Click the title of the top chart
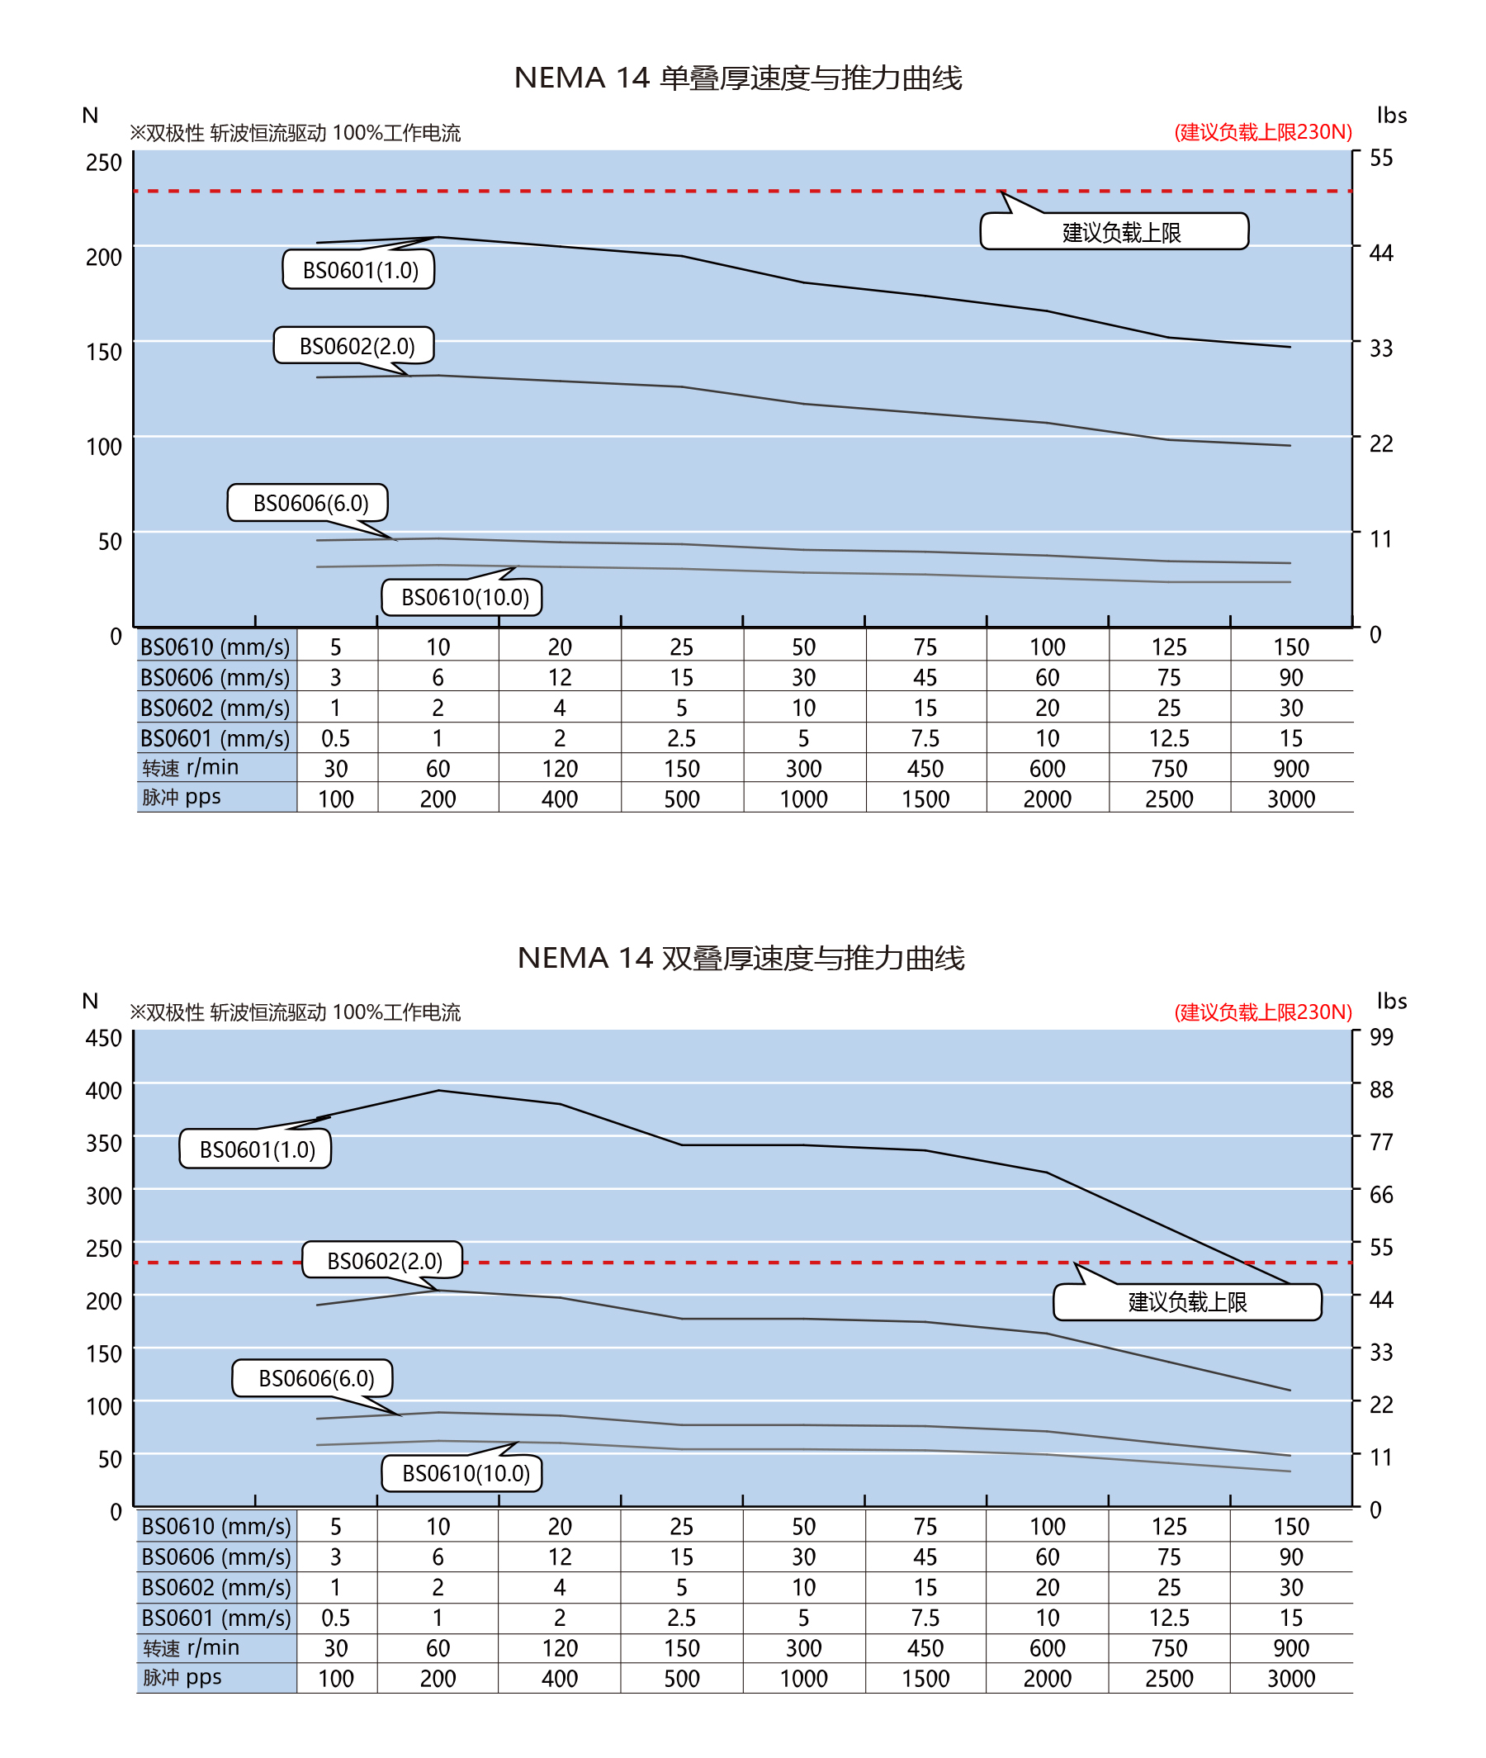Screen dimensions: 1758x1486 (x=738, y=78)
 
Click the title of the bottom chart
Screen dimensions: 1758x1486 (x=741, y=958)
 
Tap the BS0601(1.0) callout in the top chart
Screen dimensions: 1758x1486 (x=359, y=269)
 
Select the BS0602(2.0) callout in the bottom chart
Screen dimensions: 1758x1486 (x=383, y=1260)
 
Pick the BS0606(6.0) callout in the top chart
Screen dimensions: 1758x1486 (x=308, y=503)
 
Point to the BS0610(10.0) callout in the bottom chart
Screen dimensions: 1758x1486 (x=462, y=1473)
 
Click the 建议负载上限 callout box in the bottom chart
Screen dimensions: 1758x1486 (x=1187, y=1302)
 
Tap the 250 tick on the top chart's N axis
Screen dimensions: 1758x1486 (x=104, y=162)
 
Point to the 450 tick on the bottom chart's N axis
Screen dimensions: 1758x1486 (x=104, y=1038)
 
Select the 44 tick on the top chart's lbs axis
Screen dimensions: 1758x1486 (x=1380, y=253)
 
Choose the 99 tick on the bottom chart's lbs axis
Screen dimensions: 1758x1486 (x=1380, y=1037)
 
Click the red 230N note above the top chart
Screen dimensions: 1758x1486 (x=1263, y=132)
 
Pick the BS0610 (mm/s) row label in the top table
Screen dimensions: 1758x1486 (x=215, y=647)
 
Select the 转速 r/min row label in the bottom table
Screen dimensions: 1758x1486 (x=192, y=1647)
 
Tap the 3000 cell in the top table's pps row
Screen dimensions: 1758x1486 (x=1290, y=798)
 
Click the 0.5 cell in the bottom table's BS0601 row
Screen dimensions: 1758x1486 (x=335, y=1618)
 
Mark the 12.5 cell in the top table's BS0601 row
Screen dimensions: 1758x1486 (x=1168, y=738)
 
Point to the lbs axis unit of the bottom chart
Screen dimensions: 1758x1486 (x=1391, y=1000)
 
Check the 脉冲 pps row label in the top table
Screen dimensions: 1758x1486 (x=181, y=797)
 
